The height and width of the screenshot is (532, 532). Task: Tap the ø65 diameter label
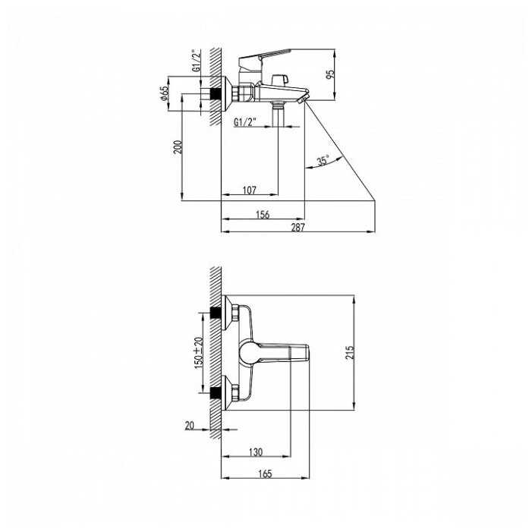pyautogui.click(x=164, y=94)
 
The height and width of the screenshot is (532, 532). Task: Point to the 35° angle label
pyautogui.click(x=323, y=161)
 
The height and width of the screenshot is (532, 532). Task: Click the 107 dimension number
pyautogui.click(x=250, y=190)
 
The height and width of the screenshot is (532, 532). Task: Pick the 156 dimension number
pyautogui.click(x=262, y=215)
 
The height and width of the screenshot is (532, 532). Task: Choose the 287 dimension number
pyautogui.click(x=297, y=228)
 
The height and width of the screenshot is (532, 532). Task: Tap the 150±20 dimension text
pyautogui.click(x=199, y=351)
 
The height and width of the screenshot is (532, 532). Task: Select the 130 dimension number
pyautogui.click(x=255, y=452)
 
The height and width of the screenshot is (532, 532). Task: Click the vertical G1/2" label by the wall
pyautogui.click(x=195, y=61)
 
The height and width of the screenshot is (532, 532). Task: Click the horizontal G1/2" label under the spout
pyautogui.click(x=245, y=121)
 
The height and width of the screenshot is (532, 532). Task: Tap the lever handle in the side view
pyautogui.click(x=264, y=55)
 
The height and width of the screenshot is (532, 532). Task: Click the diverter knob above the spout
pyautogui.click(x=283, y=78)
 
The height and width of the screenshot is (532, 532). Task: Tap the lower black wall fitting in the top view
pyautogui.click(x=217, y=393)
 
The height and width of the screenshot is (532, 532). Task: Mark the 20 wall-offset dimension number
pyautogui.click(x=190, y=426)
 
